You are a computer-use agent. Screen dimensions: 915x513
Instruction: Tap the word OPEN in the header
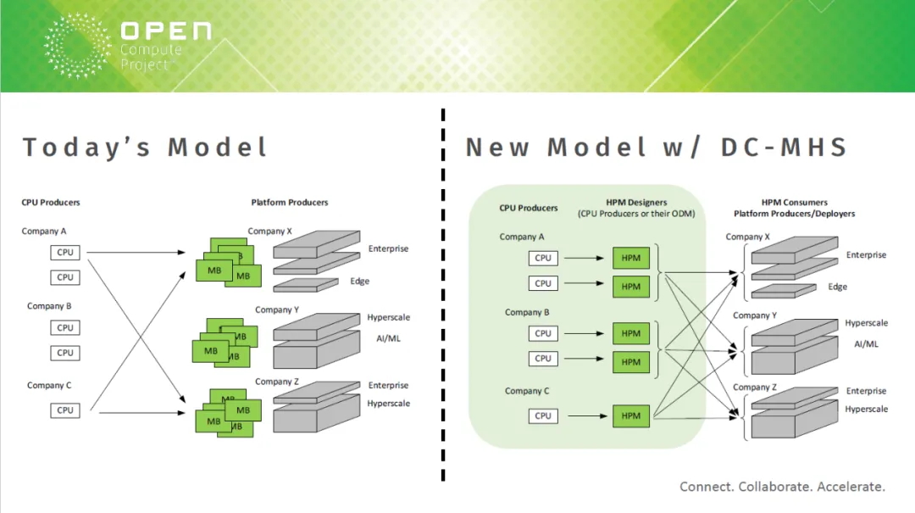point(166,31)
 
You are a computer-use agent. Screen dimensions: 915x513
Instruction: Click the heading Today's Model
point(145,147)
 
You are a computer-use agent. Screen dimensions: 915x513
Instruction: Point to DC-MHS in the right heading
point(784,147)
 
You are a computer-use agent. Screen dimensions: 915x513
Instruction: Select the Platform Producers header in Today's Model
point(290,202)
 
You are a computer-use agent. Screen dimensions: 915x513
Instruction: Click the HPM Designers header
point(636,202)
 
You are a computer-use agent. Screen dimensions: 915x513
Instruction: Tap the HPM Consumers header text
point(794,202)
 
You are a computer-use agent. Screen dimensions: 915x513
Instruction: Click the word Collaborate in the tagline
point(774,486)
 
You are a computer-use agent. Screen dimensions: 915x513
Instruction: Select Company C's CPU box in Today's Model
point(64,410)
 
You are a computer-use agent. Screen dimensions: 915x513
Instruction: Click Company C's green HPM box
point(631,416)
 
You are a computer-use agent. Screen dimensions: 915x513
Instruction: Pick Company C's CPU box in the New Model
point(543,416)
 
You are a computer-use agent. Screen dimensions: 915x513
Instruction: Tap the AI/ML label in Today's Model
point(388,338)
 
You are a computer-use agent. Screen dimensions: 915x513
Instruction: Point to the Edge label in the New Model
point(837,287)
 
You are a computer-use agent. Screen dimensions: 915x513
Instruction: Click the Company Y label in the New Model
point(755,315)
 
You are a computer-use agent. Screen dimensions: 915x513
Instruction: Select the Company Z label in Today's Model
point(276,382)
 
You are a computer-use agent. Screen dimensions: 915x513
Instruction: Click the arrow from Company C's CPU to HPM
point(588,416)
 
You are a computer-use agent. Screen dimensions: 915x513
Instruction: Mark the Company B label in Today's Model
point(49,306)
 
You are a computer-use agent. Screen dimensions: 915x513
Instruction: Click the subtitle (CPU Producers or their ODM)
point(636,214)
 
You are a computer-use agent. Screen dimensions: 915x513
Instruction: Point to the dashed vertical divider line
point(443,294)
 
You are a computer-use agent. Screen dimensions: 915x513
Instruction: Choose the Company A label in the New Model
point(522,237)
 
